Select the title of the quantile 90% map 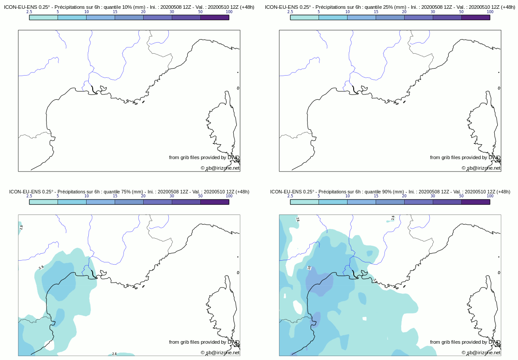point(390,192)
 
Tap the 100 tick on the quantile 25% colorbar point(490,12)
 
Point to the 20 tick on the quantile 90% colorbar point(404,196)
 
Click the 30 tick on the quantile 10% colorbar point(172,12)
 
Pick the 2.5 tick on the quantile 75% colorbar point(29,196)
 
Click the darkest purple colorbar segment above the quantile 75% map point(214,202)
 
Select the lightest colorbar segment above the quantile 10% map point(43,18)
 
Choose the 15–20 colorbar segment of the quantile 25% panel point(390,18)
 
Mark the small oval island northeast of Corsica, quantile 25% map point(499,88)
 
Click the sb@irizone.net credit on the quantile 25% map point(481,168)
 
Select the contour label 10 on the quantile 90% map point(309,267)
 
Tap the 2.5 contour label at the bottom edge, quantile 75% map point(114,353)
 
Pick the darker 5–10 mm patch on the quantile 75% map point(59,284)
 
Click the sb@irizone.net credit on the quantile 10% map point(220,168)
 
